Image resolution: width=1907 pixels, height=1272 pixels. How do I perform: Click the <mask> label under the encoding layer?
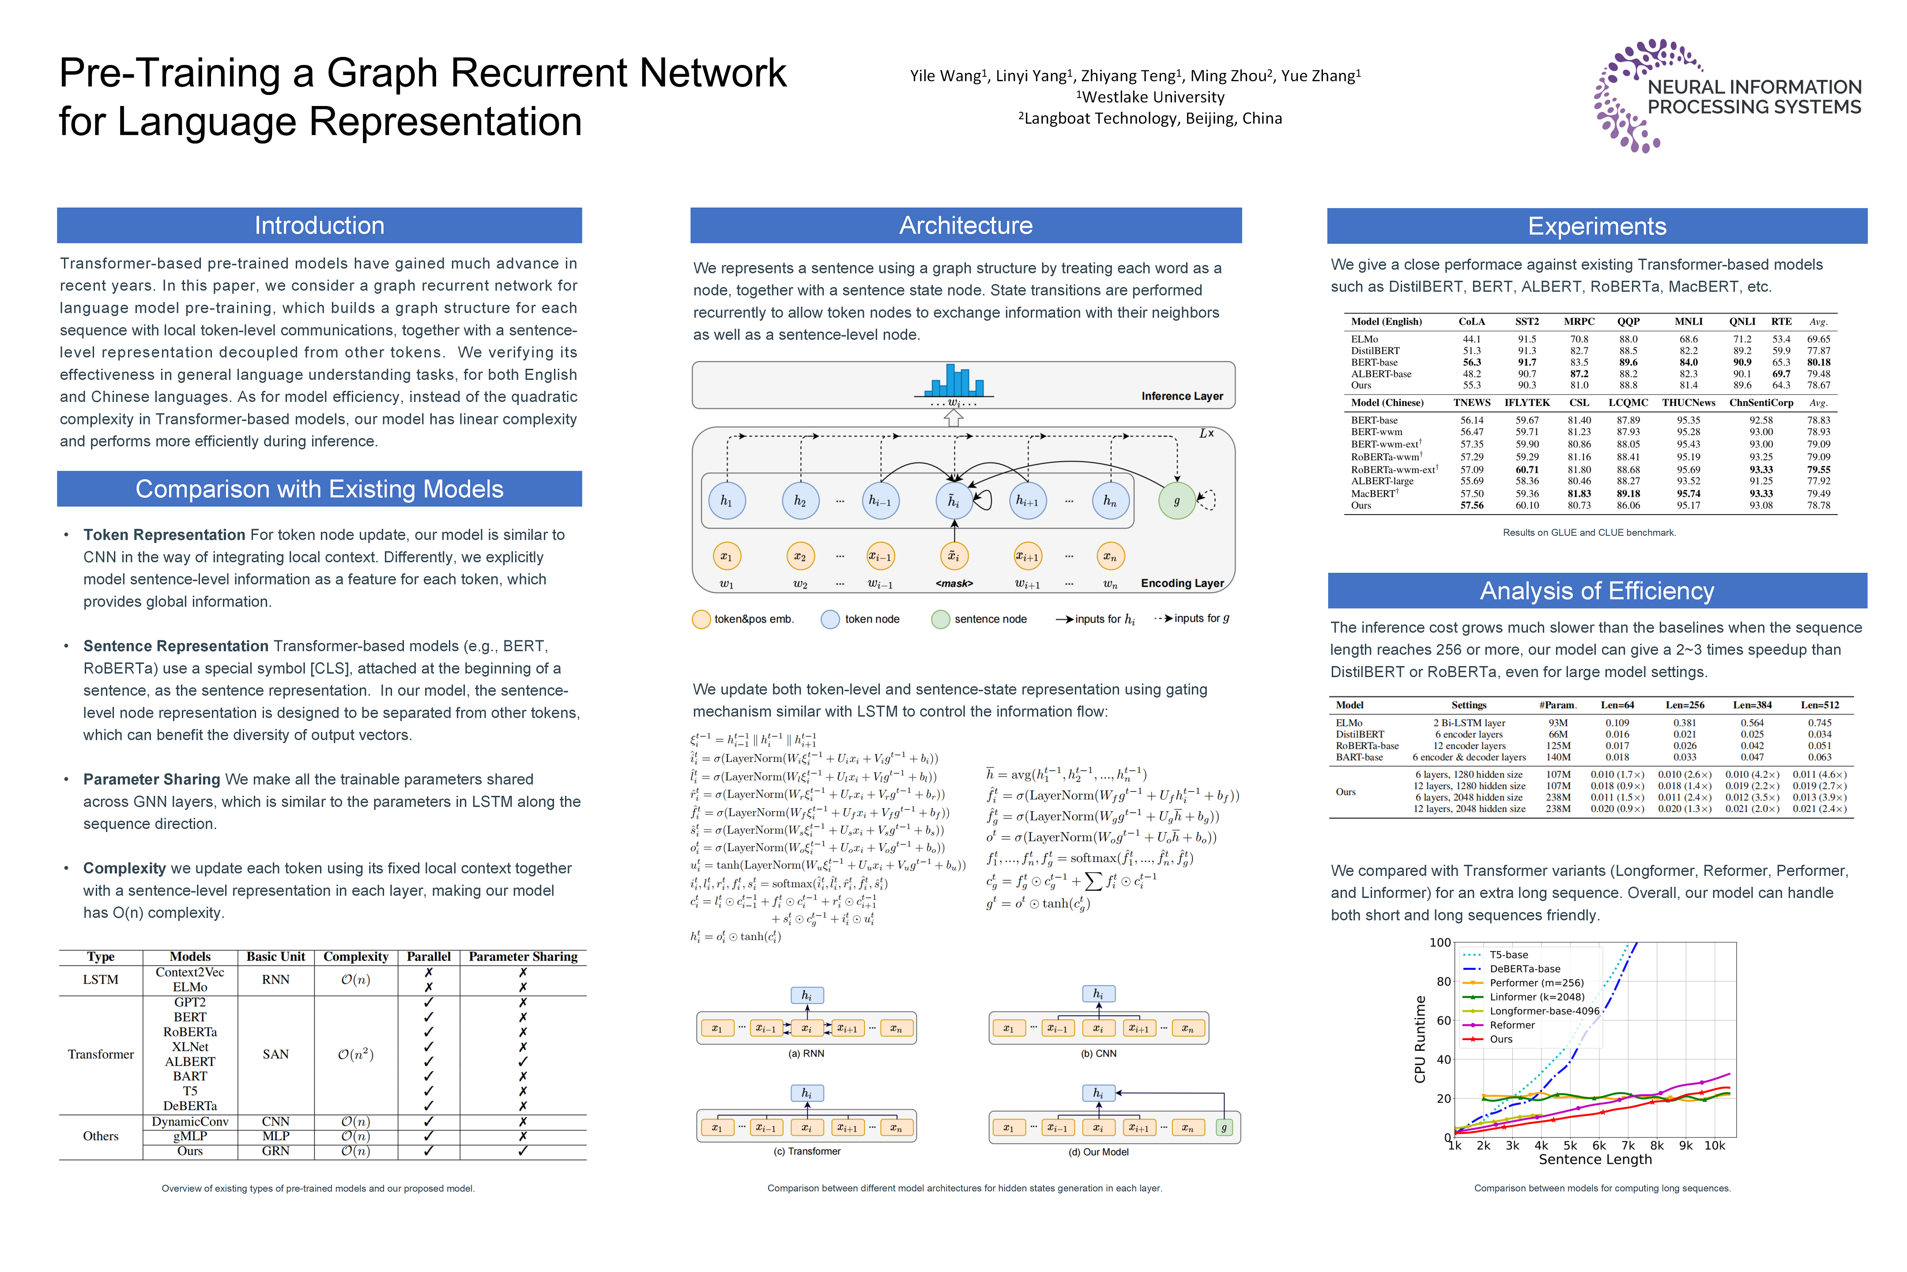click(x=953, y=583)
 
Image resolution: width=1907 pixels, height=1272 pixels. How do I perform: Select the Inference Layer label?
click(x=1181, y=396)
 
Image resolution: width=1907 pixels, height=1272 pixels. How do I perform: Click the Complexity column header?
click(x=355, y=957)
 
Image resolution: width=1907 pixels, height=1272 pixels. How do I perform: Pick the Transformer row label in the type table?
click(x=101, y=1054)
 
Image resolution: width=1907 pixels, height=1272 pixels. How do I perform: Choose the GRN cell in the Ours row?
click(x=275, y=1150)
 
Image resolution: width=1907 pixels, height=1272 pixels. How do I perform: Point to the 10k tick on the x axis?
click(x=1714, y=1145)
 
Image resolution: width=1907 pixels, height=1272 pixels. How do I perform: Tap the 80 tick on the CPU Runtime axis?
click(x=1443, y=981)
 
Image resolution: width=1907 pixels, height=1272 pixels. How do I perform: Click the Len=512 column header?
click(x=1820, y=705)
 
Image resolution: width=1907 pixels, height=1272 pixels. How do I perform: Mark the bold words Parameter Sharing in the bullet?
click(x=151, y=779)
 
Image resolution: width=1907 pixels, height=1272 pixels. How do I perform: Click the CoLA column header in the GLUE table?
click(x=1472, y=321)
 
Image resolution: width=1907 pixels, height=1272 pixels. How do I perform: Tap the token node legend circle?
click(x=829, y=619)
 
